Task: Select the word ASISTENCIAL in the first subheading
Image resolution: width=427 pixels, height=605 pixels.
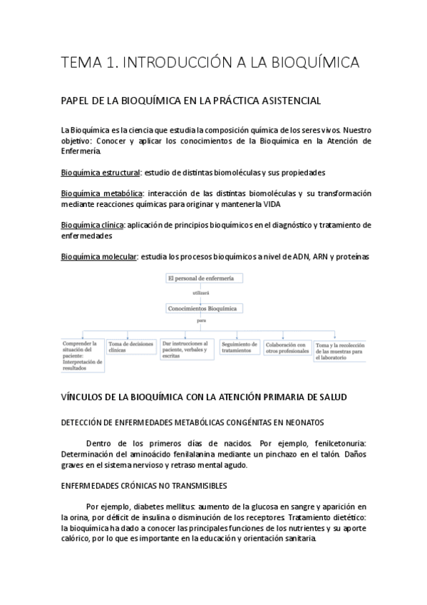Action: [271, 101]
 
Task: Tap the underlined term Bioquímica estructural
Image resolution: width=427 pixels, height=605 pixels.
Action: [101, 172]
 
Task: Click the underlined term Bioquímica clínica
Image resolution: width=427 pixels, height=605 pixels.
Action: [93, 225]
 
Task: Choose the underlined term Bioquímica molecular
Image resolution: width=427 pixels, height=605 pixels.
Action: [99, 257]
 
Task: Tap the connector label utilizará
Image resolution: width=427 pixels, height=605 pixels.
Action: [202, 293]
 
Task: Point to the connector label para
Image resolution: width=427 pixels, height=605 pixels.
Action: [202, 322]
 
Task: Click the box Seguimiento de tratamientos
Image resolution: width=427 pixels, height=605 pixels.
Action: [237, 347]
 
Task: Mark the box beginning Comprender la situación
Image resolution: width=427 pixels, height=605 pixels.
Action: [82, 355]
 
